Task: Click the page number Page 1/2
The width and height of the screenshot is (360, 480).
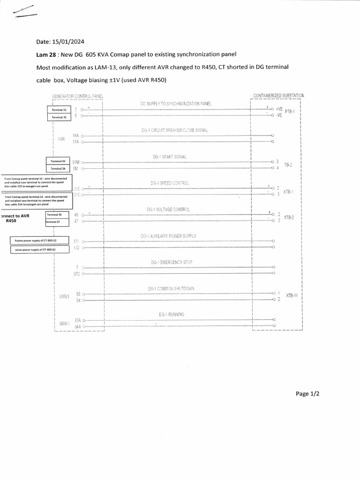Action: point(307,394)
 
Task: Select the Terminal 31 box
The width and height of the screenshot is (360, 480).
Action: point(59,109)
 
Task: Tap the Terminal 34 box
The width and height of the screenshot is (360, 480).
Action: point(58,168)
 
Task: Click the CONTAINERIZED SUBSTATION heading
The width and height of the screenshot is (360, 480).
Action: point(278,96)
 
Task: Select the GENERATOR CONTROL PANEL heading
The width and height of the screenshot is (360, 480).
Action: point(77,96)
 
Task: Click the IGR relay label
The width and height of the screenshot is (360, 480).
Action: point(61,139)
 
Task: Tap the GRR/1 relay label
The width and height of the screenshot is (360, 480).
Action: point(64,323)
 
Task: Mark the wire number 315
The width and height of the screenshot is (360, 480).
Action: point(77,188)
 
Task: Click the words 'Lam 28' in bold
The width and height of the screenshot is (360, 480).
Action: point(46,54)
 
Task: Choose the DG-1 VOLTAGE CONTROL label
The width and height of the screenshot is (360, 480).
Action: point(168,210)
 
